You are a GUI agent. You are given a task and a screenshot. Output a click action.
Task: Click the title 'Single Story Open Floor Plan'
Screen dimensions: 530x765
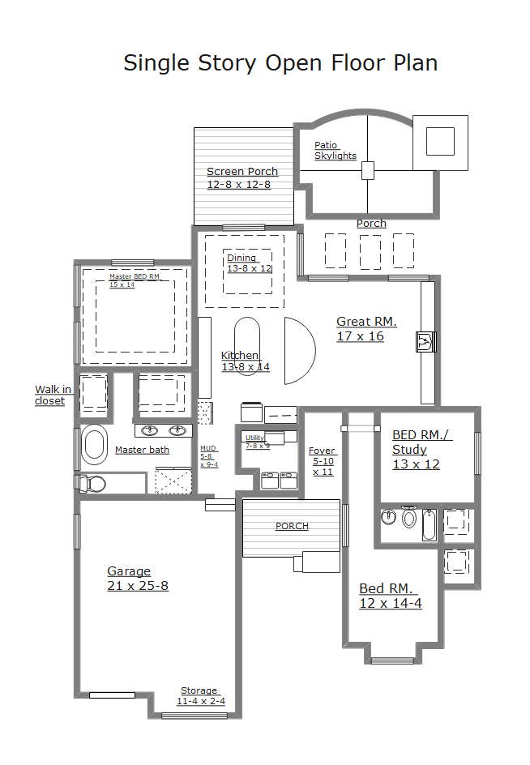280,63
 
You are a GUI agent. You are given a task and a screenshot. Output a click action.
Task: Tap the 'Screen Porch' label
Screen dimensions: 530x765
242,172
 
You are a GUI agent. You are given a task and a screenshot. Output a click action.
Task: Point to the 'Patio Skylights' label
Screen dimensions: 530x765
336,150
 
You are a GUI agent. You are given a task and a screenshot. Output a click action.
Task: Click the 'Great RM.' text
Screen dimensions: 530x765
366,322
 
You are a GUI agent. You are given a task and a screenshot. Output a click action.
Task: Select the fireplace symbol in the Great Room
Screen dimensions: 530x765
425,341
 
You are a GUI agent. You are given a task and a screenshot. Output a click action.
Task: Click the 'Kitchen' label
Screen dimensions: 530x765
240,355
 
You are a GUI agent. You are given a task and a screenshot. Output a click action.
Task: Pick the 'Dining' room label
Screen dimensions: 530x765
241,258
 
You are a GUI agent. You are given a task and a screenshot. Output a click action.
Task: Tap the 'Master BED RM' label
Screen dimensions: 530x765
135,276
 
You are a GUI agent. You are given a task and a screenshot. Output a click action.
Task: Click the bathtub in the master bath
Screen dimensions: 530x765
94,444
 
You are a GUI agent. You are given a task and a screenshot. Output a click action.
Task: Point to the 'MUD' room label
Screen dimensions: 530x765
208,448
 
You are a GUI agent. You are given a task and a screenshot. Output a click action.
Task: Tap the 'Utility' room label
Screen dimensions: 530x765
254,438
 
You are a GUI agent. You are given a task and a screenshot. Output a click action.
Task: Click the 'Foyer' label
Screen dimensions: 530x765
322,451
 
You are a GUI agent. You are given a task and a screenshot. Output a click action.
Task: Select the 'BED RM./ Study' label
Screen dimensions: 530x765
422,442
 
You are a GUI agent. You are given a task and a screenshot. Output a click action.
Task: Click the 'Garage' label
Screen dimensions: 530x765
129,571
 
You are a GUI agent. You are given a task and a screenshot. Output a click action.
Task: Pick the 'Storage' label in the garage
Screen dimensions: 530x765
199,690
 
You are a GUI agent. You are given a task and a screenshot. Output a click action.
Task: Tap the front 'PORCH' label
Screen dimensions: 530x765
292,526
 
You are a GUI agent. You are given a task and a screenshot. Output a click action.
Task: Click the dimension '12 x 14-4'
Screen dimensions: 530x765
391,604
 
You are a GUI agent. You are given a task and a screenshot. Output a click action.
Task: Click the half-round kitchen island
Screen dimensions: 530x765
300,351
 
